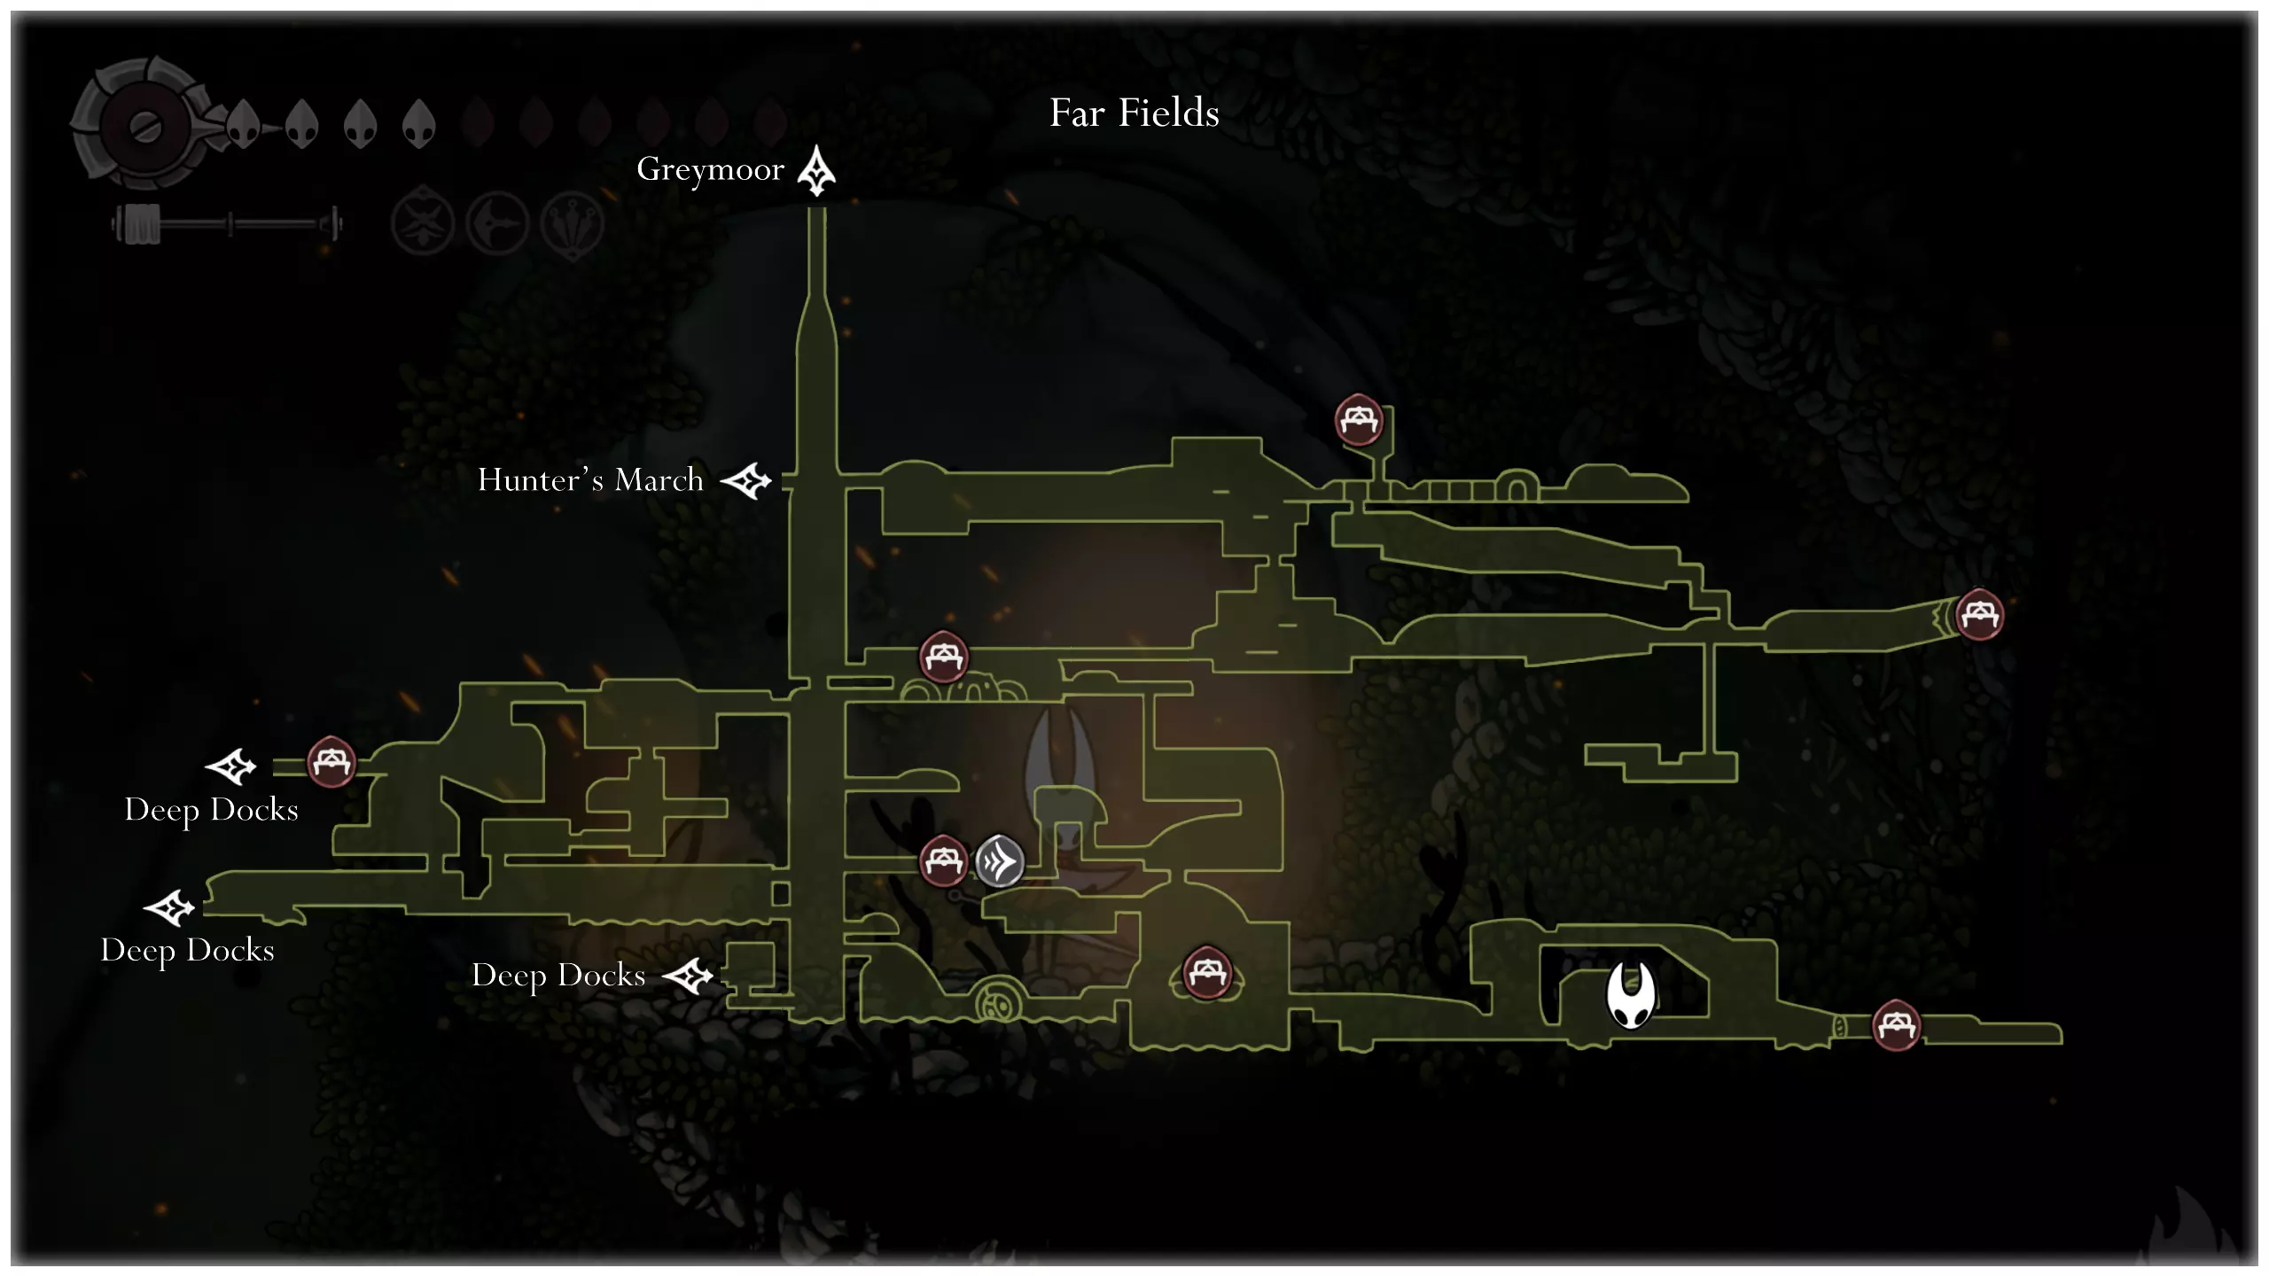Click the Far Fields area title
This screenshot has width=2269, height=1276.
[1134, 113]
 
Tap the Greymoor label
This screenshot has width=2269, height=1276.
[710, 169]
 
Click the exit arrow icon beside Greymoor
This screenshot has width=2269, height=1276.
[816, 170]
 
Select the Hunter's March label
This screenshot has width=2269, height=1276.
[590, 479]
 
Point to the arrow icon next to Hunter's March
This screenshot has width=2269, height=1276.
[746, 481]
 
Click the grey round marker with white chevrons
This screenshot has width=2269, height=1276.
[1000, 860]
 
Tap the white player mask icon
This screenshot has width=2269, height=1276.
[1631, 995]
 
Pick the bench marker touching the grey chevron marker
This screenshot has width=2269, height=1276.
[943, 860]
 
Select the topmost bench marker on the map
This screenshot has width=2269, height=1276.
[1359, 419]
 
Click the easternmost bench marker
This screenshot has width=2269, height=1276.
[1979, 614]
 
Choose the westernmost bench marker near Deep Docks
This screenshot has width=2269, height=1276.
[331, 761]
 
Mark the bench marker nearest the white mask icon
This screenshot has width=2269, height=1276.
[1896, 1025]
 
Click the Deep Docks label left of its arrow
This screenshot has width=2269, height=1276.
[558, 976]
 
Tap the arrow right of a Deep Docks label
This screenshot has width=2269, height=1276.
[689, 976]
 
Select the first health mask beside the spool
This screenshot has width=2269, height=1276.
[243, 123]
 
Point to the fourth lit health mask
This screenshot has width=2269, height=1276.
[418, 123]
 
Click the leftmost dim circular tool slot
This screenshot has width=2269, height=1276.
[423, 222]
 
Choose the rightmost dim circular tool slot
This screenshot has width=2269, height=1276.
[573, 223]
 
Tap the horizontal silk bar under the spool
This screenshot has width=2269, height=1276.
[227, 223]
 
